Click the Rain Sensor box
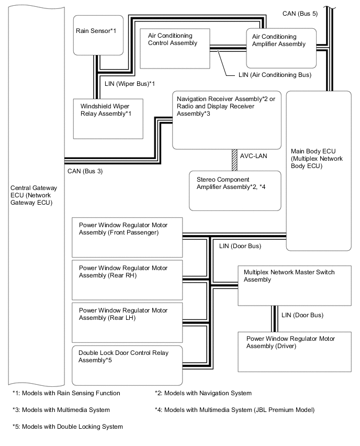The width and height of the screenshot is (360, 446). tap(98, 35)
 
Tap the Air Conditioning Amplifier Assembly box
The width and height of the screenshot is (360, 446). tap(281, 48)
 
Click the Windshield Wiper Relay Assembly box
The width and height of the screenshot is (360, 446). tap(108, 118)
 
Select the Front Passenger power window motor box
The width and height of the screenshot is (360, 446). tap(127, 236)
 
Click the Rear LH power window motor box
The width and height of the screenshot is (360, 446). tap(127, 320)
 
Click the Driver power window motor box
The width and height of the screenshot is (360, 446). tap(294, 350)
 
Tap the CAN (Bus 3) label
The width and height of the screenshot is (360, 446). tap(85, 170)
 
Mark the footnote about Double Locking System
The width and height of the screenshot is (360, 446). tap(67, 427)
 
